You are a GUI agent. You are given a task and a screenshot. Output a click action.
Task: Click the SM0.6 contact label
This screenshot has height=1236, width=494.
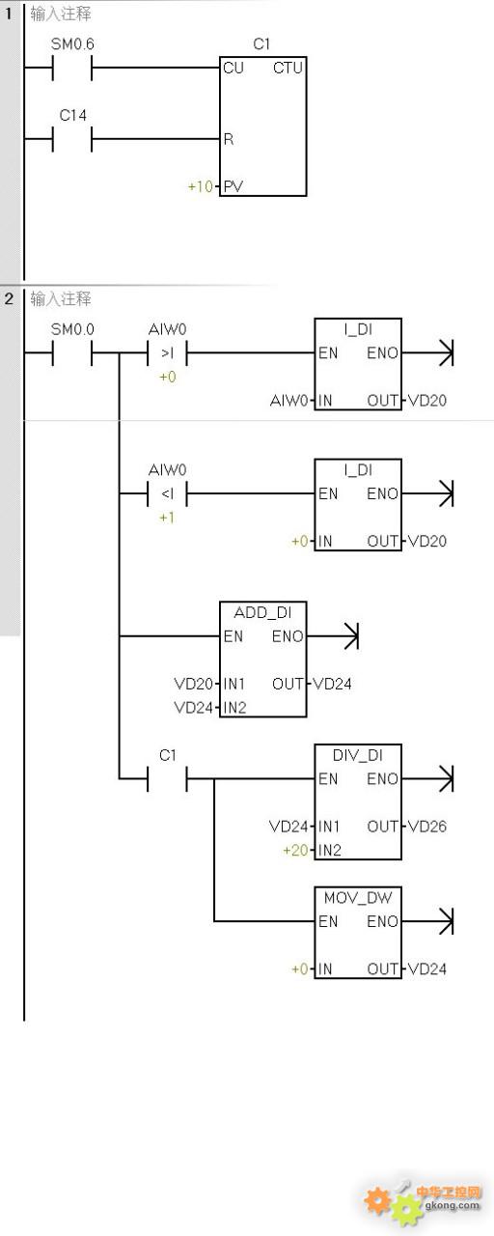[x=72, y=44]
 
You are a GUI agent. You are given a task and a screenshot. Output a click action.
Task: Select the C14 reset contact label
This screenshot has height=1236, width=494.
[x=72, y=115]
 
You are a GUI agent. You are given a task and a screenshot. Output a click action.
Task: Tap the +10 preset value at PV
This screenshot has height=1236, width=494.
[x=200, y=186]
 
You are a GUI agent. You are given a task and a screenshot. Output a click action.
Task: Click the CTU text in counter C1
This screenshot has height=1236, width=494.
[x=288, y=68]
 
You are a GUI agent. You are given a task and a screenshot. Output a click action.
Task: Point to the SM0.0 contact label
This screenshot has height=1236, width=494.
[x=72, y=329]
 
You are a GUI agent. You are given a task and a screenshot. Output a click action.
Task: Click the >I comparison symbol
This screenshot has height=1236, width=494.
[x=167, y=353]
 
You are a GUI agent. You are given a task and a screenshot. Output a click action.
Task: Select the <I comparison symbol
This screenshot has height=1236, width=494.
[x=167, y=493]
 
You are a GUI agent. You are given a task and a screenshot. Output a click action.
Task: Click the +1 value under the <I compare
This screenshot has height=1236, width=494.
[x=167, y=518]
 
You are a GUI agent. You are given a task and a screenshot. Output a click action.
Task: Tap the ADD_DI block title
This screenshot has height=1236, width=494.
[x=262, y=612]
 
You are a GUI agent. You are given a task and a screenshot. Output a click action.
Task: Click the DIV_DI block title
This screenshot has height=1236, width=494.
[x=358, y=755]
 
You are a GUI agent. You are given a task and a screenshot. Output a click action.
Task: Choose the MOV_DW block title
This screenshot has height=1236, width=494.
[x=358, y=898]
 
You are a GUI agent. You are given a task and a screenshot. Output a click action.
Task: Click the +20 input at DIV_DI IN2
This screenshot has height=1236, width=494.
[x=295, y=851]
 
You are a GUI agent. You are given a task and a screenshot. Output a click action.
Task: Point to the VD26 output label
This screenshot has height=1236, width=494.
[x=426, y=827]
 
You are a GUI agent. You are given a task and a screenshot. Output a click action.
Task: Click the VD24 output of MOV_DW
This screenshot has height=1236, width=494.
[x=426, y=969]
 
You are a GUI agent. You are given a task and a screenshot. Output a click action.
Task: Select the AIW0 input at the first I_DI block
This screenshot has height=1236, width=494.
[x=288, y=401]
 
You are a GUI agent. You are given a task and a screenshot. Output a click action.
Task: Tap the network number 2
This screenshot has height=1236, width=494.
[x=9, y=298]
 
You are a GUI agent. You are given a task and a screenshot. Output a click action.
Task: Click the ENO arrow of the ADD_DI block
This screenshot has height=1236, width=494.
[x=333, y=636]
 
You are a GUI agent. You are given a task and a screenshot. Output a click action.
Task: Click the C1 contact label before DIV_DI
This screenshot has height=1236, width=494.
[x=167, y=755]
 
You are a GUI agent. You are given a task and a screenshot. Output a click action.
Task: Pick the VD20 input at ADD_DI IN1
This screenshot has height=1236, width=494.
[x=193, y=685]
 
